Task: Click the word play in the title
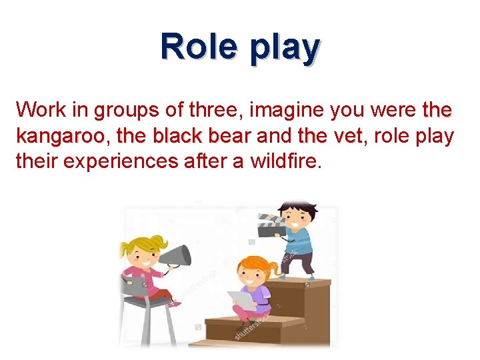coord(282,48)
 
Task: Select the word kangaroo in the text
coord(60,137)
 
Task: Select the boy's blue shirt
coord(300,241)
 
